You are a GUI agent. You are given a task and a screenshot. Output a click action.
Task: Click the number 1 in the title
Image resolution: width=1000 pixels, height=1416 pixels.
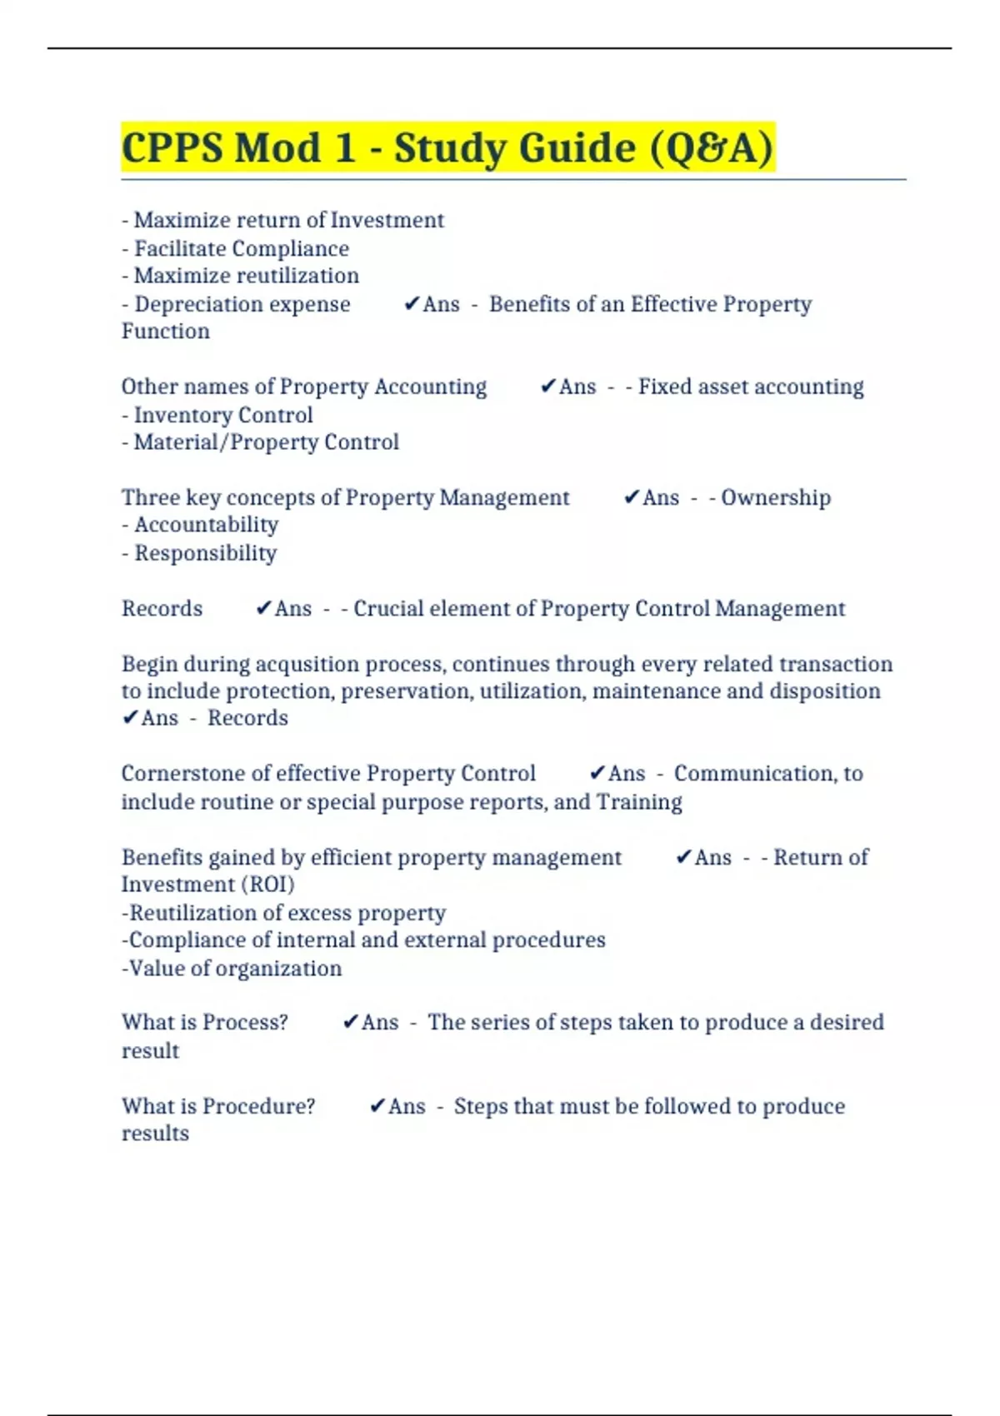(x=344, y=148)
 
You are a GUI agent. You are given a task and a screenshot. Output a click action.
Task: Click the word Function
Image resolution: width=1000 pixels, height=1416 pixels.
(x=165, y=332)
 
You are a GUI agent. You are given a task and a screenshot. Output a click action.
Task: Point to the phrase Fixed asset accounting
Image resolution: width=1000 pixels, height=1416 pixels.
(x=751, y=386)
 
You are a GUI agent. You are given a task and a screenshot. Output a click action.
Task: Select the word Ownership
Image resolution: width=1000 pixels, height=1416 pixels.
(x=776, y=497)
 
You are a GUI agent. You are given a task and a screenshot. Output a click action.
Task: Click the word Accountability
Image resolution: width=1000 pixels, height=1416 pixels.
(x=206, y=525)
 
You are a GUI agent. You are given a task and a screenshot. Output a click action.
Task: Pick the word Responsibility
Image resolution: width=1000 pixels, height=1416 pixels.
(x=205, y=553)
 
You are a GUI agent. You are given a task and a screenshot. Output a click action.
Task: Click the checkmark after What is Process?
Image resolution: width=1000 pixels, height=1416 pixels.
(x=350, y=1022)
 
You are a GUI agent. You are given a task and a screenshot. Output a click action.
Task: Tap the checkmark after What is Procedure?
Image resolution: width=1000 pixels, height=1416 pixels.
(x=377, y=1106)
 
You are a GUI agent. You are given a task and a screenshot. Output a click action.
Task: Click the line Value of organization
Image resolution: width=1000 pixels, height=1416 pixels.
(x=232, y=968)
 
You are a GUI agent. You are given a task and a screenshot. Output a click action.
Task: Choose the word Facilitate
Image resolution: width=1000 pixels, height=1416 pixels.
(x=179, y=248)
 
